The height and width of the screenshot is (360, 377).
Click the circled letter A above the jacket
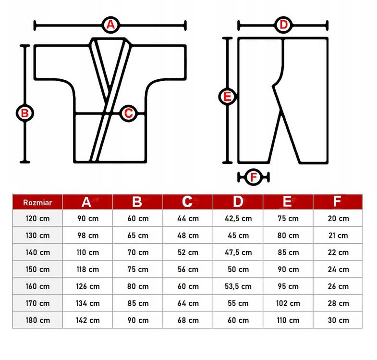(x=110, y=25)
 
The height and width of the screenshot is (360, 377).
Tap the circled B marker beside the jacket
(x=25, y=113)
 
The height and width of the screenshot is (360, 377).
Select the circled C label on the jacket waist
(x=129, y=113)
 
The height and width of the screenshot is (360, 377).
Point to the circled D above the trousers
(x=283, y=25)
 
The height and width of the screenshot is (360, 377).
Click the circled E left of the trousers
(x=227, y=97)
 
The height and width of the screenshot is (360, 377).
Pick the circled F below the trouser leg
(x=254, y=177)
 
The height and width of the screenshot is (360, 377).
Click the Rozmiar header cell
(x=37, y=202)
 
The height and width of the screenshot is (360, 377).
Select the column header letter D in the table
(x=238, y=202)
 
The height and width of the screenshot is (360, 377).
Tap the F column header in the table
(x=337, y=201)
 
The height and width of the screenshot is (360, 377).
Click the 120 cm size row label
(x=37, y=219)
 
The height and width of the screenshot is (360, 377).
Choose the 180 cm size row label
(x=37, y=320)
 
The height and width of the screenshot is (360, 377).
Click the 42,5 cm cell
(x=238, y=219)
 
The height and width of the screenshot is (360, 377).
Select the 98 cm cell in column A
(x=88, y=236)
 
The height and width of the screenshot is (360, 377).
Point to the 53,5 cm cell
(x=238, y=286)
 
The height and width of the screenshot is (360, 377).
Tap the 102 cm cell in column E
(x=288, y=303)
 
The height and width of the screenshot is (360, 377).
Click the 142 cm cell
(x=87, y=320)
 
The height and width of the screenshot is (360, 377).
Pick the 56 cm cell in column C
(x=188, y=269)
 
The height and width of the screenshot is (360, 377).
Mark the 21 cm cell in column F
(x=338, y=236)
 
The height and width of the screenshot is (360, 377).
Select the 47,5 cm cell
(x=238, y=252)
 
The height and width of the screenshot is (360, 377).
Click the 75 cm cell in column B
(x=138, y=269)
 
